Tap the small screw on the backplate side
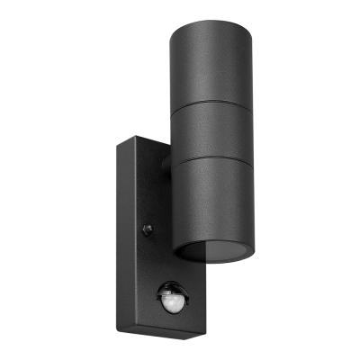[x=148, y=229]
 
